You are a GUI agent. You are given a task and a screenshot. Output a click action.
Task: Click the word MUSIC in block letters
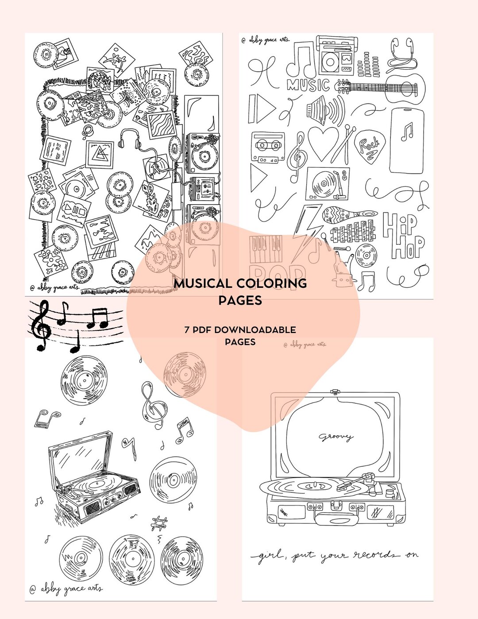(308, 85)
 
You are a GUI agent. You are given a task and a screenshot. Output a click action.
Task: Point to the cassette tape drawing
(268, 147)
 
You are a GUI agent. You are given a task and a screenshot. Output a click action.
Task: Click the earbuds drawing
(401, 55)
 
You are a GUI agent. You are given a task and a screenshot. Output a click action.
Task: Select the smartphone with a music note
(407, 139)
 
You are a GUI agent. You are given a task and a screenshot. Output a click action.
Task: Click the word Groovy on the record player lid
(336, 437)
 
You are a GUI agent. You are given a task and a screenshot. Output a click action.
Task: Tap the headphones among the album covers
(130, 138)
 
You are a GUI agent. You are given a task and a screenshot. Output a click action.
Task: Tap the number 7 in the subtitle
(188, 330)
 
